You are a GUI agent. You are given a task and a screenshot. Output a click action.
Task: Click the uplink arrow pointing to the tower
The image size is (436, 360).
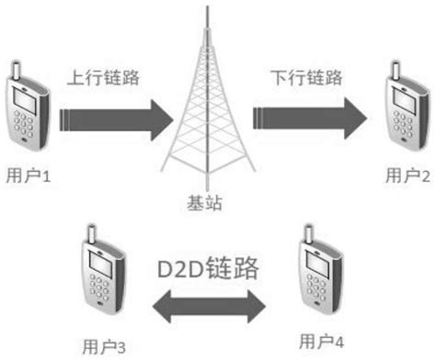[115, 118]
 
